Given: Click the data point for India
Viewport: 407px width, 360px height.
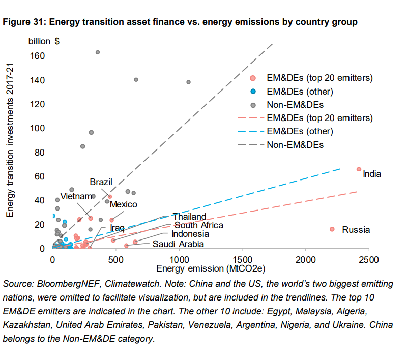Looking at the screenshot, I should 359,169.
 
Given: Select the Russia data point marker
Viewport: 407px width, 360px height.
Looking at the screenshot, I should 332,229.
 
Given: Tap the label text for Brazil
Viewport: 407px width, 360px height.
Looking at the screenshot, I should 101,182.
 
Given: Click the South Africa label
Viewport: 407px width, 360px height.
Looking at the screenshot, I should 198,225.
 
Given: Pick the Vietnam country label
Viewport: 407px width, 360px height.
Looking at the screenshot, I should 76,196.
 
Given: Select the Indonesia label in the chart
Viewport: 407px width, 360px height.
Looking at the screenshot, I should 190,234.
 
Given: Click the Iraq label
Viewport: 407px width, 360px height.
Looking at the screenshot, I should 118,227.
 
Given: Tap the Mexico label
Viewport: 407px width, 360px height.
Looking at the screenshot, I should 124,204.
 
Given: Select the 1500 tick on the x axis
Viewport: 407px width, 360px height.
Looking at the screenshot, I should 242,260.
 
